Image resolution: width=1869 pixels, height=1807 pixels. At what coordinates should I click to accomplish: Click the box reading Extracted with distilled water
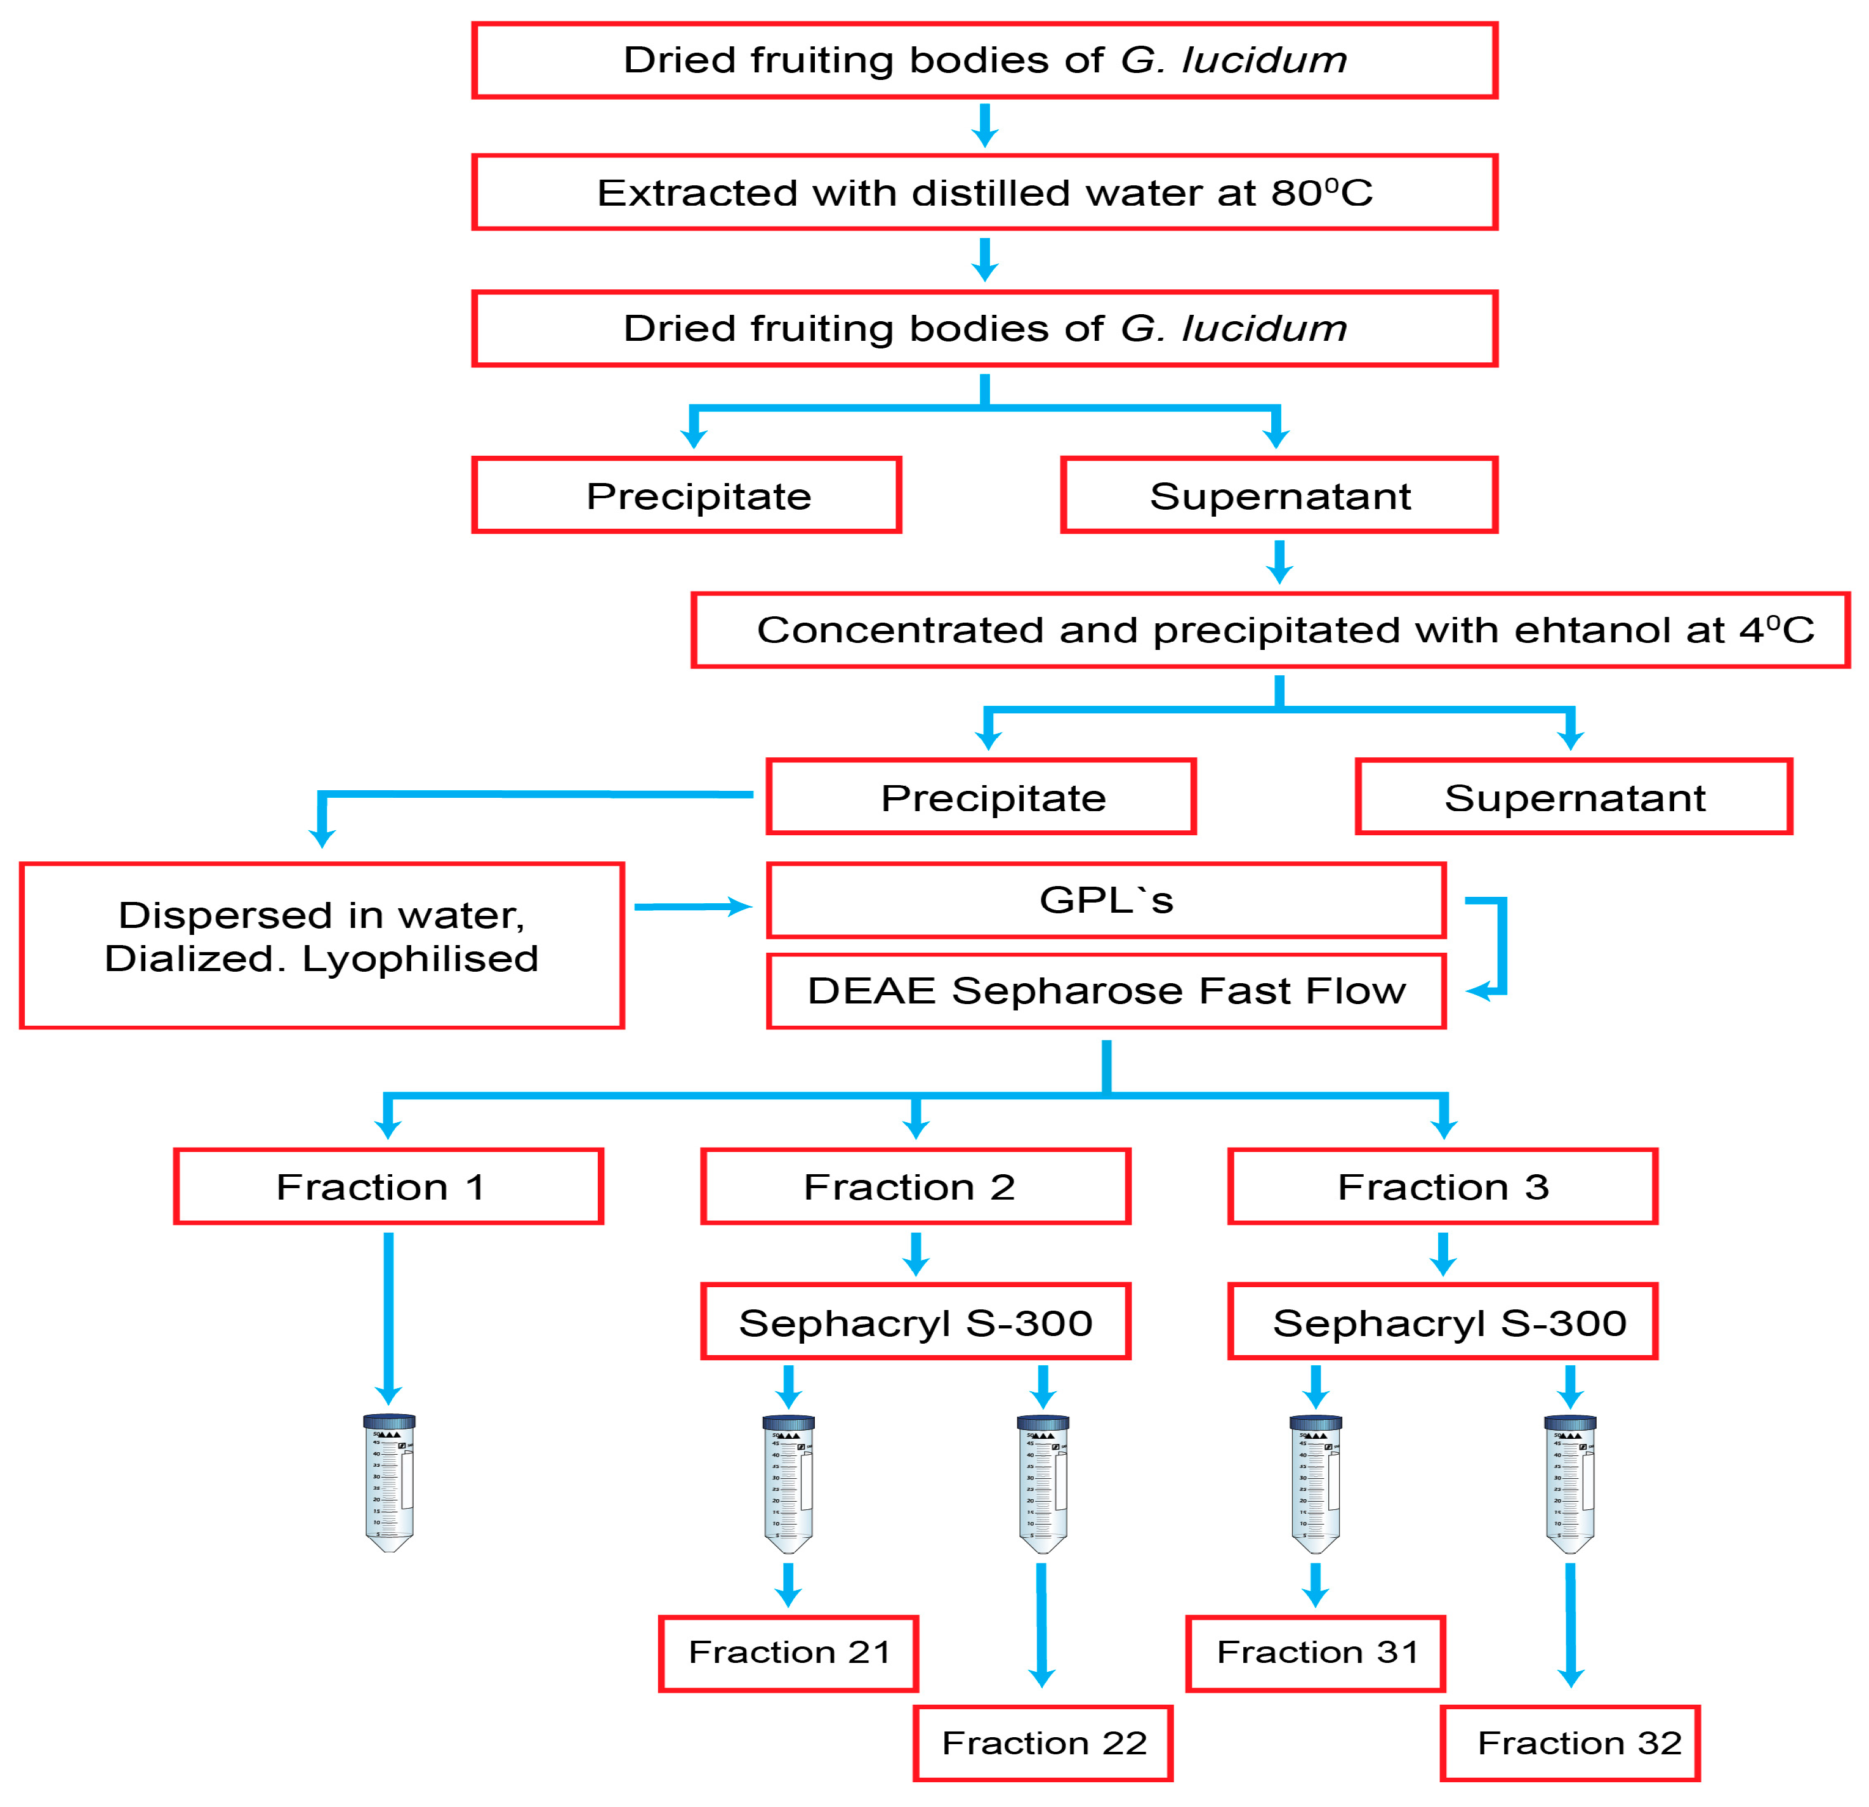pos(984,192)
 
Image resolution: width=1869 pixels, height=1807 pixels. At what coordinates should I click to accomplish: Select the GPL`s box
pos(1106,900)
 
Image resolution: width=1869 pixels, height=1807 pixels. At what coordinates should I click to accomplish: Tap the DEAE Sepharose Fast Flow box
pos(1106,991)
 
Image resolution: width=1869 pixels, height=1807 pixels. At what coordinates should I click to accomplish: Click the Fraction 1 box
pos(388,1186)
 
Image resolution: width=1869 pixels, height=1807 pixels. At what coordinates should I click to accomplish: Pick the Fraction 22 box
pos(1043,1742)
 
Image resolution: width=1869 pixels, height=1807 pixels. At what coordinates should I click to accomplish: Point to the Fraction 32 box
pos(1571,1742)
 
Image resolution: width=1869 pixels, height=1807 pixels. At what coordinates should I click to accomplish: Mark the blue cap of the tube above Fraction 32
pos(1571,1423)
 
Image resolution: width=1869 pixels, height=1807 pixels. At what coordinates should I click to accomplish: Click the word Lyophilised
pos(421,959)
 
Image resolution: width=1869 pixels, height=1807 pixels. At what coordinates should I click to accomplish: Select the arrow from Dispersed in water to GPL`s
pos(691,907)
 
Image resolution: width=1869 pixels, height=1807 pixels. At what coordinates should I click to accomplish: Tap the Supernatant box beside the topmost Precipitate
pos(1279,496)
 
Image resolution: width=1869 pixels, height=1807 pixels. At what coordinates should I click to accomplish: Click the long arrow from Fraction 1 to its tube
pos(388,1316)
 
